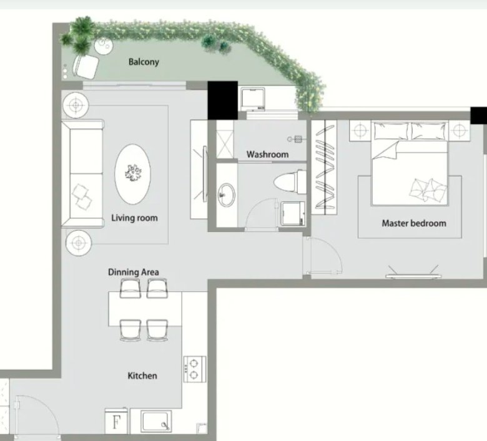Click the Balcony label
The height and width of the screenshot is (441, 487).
point(144,62)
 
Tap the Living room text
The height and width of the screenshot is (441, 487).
point(134,218)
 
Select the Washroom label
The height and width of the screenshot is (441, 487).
point(267,154)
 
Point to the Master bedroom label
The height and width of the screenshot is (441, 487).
point(414,223)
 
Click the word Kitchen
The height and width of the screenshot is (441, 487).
point(142,376)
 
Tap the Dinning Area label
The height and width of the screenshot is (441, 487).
point(134,272)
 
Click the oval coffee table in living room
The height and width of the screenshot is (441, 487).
point(132,174)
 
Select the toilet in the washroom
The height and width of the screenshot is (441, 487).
point(290,182)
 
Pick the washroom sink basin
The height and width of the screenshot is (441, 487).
point(226,195)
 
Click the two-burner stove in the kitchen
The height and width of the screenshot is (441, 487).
point(195,369)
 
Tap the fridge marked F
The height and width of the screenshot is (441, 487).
point(116,421)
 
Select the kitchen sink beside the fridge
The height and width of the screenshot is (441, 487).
point(156,421)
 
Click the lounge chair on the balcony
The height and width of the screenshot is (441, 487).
point(86,66)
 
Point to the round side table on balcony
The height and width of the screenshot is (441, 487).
point(104,46)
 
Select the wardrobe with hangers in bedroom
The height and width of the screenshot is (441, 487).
point(324,167)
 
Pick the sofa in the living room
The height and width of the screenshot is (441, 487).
point(82,174)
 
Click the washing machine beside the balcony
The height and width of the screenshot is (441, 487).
point(253,99)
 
